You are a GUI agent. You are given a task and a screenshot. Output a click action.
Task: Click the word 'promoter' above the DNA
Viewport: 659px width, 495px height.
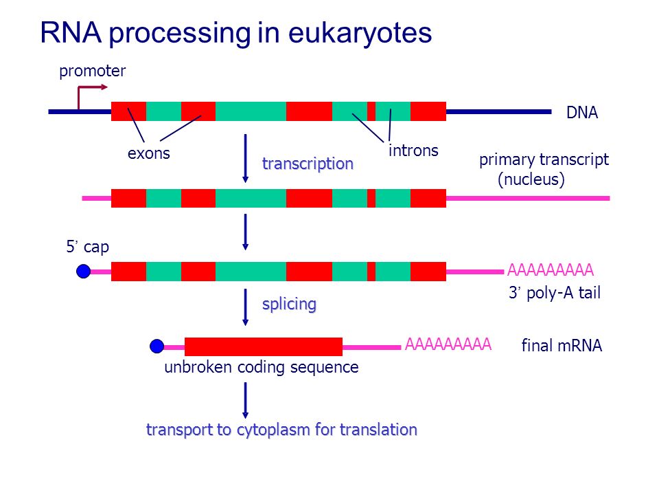click(93, 71)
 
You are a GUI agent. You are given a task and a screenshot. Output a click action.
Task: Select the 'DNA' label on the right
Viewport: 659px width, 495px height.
click(582, 112)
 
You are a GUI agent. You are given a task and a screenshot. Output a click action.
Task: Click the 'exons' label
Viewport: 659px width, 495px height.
click(149, 153)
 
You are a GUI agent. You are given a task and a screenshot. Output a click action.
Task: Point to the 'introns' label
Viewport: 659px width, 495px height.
click(413, 151)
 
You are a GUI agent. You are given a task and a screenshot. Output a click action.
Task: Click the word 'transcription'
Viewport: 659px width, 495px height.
click(308, 164)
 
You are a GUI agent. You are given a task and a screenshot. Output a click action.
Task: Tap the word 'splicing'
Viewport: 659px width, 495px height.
click(289, 304)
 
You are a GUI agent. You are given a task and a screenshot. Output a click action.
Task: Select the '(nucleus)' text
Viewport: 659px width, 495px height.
click(531, 179)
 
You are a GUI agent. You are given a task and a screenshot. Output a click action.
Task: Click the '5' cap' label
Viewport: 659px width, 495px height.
click(87, 247)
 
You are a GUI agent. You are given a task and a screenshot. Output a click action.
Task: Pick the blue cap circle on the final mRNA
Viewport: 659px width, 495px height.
click(157, 346)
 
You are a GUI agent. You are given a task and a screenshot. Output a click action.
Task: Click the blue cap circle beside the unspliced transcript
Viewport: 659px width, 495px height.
click(83, 271)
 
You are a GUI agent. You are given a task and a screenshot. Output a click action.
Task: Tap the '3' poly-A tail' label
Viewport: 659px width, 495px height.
click(555, 293)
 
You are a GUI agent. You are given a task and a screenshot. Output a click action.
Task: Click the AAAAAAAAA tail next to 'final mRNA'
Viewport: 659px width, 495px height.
click(448, 344)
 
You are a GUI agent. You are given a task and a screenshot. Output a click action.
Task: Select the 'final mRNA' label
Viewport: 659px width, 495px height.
click(562, 346)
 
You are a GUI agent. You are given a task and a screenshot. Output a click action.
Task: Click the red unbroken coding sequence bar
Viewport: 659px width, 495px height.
click(264, 346)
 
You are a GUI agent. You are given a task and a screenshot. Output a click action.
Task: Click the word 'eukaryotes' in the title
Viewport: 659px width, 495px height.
click(360, 33)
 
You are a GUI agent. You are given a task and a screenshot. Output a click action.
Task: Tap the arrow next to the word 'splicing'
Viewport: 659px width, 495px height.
click(246, 307)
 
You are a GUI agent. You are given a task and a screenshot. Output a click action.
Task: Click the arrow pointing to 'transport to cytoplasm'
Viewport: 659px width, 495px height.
click(246, 400)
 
